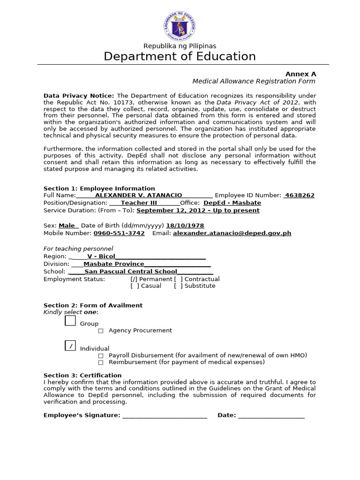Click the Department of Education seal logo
tap(180, 23)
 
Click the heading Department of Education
tap(180, 57)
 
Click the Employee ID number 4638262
tap(300, 195)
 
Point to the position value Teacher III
tap(139, 203)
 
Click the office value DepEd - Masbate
tap(232, 203)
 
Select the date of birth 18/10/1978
tap(185, 225)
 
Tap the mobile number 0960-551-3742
tap(119, 233)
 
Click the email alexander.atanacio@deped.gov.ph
tap(232, 233)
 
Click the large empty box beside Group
tap(70, 321)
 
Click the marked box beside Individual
tap(70, 346)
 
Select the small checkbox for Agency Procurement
tap(101, 331)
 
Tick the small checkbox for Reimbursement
tap(101, 362)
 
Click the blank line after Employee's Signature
tap(165, 415)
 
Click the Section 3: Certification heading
tap(82, 375)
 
